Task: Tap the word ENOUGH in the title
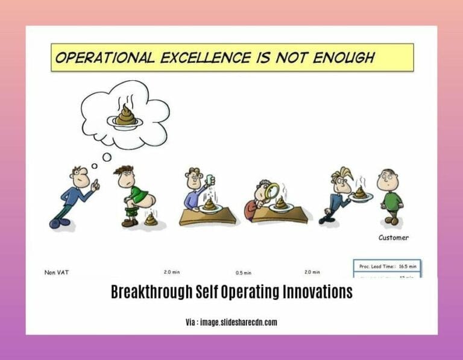click(x=343, y=58)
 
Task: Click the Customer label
click(x=393, y=238)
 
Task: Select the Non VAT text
click(x=57, y=273)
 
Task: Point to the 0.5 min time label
click(x=244, y=273)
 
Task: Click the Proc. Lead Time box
click(x=386, y=266)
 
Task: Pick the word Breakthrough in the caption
click(x=149, y=292)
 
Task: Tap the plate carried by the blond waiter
click(x=360, y=196)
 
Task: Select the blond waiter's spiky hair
click(x=339, y=175)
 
